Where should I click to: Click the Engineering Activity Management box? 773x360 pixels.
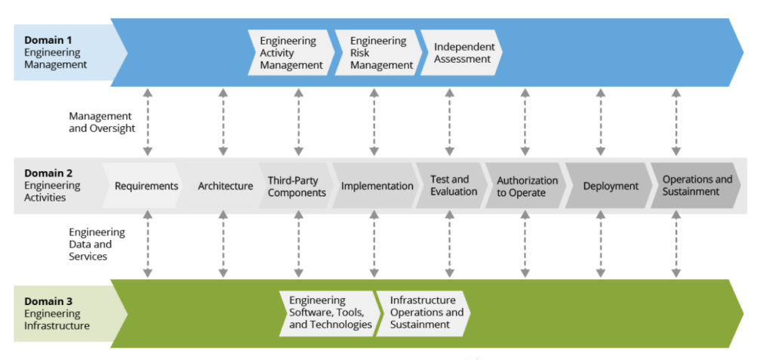pyautogui.click(x=291, y=53)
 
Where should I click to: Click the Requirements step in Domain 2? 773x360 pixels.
pyautogui.click(x=145, y=186)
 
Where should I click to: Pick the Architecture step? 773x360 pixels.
pyautogui.click(x=224, y=186)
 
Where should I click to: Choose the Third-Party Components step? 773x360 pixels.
pyautogui.click(x=296, y=186)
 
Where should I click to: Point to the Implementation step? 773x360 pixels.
pyautogui.click(x=376, y=186)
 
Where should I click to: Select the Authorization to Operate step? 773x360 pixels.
pyautogui.click(x=526, y=186)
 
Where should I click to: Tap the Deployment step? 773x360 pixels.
pyautogui.click(x=610, y=186)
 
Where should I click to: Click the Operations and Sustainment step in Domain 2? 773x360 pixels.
pyautogui.click(x=695, y=186)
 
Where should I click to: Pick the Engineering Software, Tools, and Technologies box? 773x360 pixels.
pyautogui.click(x=329, y=312)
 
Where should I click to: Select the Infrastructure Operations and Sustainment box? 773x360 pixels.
pyautogui.click(x=425, y=312)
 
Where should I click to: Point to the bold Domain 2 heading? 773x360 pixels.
pyautogui.click(x=48, y=174)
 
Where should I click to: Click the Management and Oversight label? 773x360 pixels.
pyautogui.click(x=102, y=122)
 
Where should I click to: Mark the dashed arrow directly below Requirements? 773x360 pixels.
pyautogui.click(x=148, y=244)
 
